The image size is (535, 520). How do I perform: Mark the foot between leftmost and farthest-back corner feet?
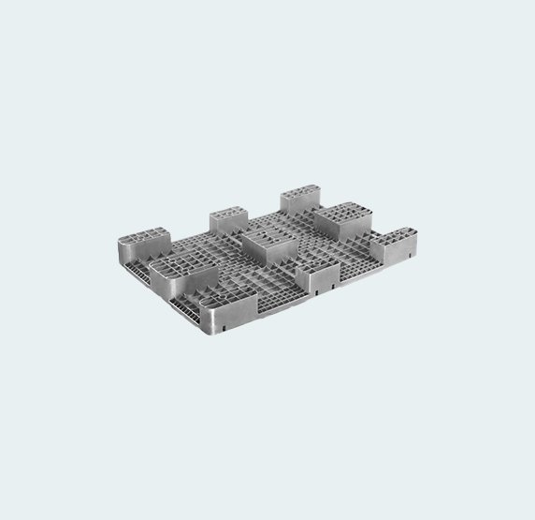(x=226, y=221)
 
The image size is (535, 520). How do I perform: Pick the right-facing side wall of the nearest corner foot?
(x=244, y=310)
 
